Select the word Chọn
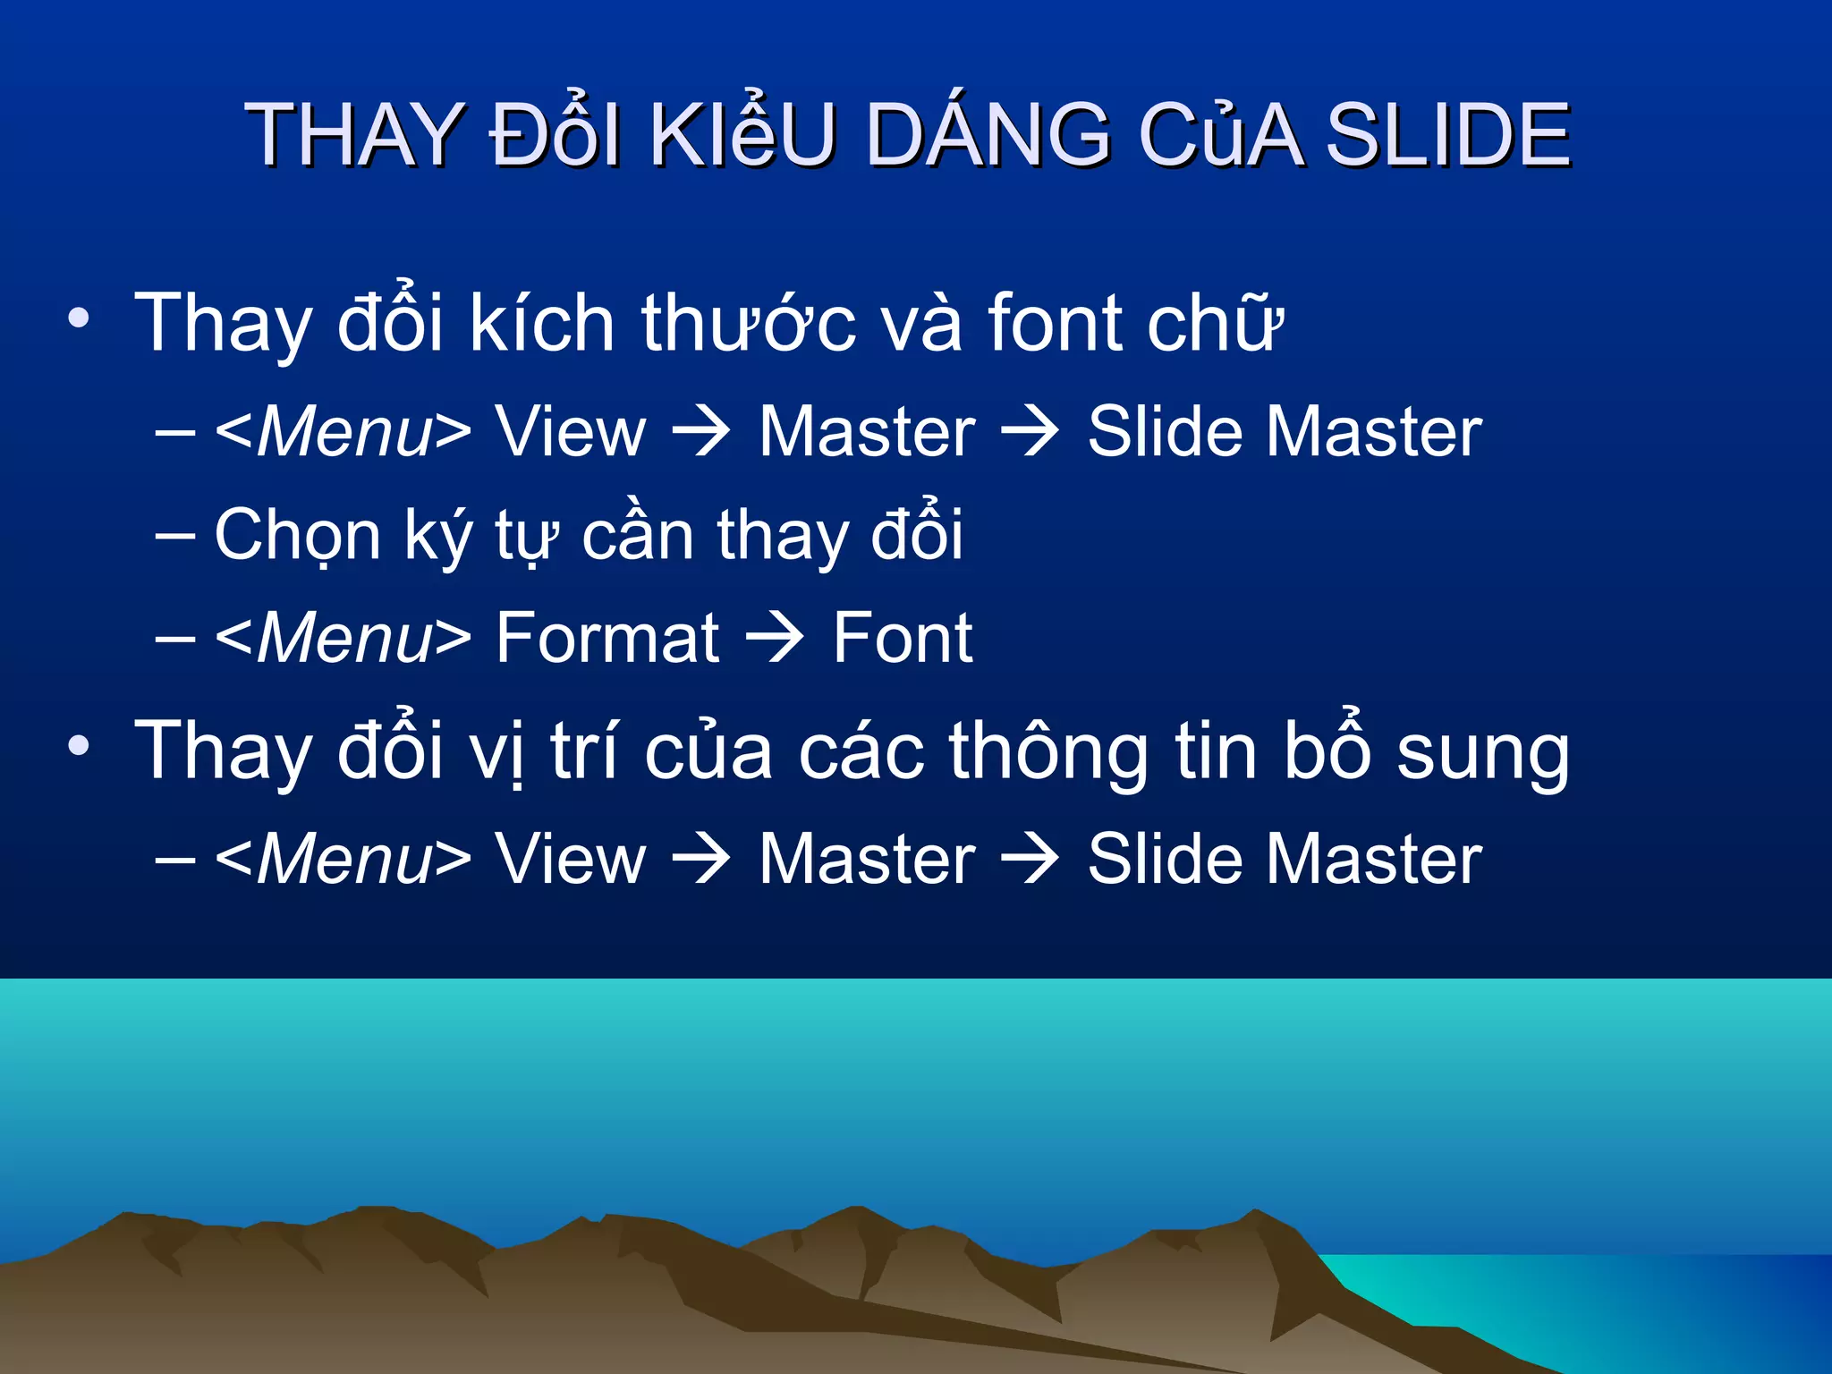click(x=298, y=535)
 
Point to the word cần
click(x=638, y=535)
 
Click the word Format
click(x=607, y=638)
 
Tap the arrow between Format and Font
click(x=776, y=638)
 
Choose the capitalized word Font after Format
click(x=902, y=638)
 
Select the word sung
click(x=1482, y=751)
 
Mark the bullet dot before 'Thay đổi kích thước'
click(x=79, y=319)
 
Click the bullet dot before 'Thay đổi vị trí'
click(x=79, y=746)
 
